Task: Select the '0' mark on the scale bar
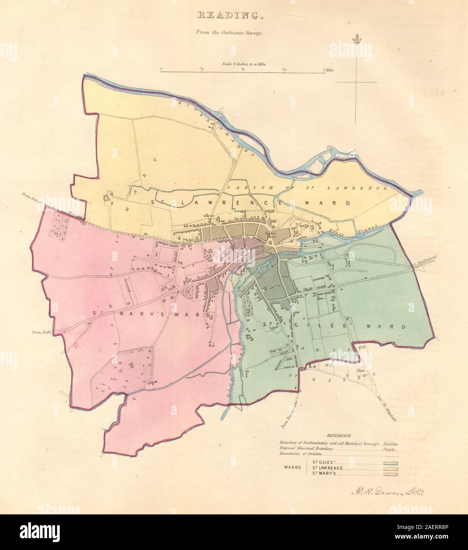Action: (x=161, y=68)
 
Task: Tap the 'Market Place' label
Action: (x=271, y=235)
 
